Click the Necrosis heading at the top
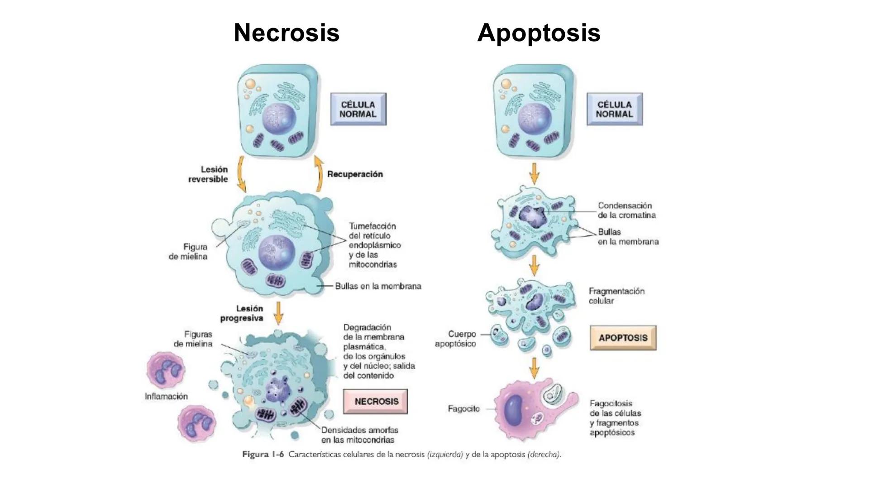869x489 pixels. point(286,33)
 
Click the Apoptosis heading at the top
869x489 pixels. point(539,33)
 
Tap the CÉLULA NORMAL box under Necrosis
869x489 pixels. point(358,109)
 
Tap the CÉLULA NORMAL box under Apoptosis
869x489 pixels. point(614,109)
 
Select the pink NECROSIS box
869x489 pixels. point(375,402)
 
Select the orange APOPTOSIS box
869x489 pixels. point(623,338)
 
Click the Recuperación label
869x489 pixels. point(355,174)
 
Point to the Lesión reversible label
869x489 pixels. point(209,174)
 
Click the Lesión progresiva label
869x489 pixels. point(242,313)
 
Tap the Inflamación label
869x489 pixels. point(166,397)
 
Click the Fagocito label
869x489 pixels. point(463,409)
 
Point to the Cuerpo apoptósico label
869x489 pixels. point(456,339)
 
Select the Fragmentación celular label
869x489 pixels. point(616,296)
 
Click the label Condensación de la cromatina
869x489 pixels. point(626,211)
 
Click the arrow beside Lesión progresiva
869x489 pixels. point(278,312)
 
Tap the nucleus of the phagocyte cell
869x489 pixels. point(515,410)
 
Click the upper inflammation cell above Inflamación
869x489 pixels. point(166,369)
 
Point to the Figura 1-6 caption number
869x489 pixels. point(263,455)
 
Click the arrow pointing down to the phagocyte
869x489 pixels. point(535,368)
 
